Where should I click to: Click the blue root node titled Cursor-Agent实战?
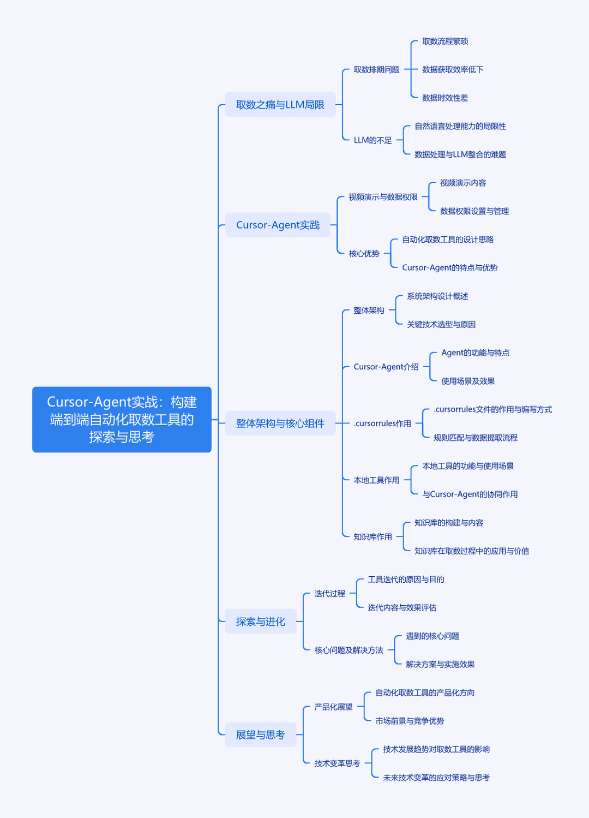tap(122, 419)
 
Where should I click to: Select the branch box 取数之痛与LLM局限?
tap(280, 104)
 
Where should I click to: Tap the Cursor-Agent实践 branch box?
tap(278, 225)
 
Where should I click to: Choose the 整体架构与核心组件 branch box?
tap(280, 423)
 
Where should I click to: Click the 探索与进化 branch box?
tap(261, 622)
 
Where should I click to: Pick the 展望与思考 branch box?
tap(261, 735)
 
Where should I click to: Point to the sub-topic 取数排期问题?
tap(377, 69)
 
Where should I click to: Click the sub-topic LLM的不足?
tap(372, 140)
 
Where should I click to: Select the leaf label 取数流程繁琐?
tap(445, 41)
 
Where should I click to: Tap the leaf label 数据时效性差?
tap(445, 98)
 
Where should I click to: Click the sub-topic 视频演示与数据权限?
tap(383, 197)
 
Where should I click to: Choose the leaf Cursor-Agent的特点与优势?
tap(449, 268)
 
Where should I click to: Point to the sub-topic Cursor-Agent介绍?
tap(386, 367)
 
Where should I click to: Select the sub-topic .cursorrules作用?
tap(382, 423)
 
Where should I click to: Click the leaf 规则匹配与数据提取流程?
tap(476, 438)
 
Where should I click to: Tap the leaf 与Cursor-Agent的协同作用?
tap(470, 494)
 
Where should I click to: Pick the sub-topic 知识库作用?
tap(372, 537)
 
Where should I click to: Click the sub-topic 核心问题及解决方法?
tap(349, 650)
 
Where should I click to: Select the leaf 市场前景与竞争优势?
tap(410, 721)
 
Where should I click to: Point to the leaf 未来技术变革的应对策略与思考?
tap(436, 778)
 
